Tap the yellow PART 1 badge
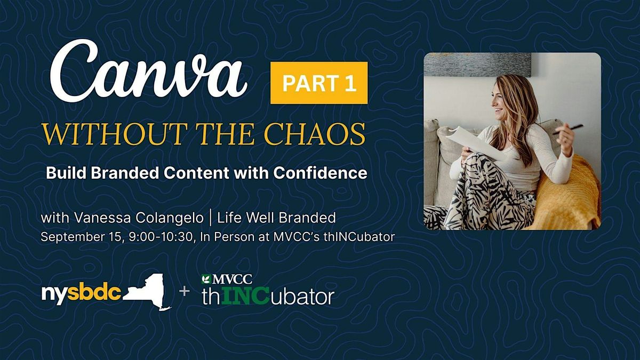click(x=319, y=83)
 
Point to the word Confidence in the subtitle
click(x=320, y=173)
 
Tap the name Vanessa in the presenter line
click(x=103, y=218)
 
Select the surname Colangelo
click(x=170, y=218)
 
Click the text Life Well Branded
click(x=277, y=218)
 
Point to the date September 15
click(x=82, y=237)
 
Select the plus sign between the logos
click(x=185, y=291)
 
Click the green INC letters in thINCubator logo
click(x=245, y=297)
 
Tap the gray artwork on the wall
click(x=477, y=65)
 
